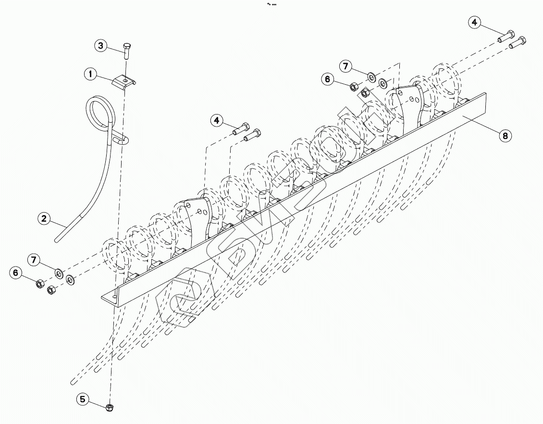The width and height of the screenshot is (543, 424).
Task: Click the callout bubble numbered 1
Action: pos(90,74)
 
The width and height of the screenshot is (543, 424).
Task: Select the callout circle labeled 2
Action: pos(44,218)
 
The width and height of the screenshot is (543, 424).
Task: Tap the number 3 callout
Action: pos(100,46)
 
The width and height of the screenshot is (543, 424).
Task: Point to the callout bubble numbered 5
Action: pos(83,398)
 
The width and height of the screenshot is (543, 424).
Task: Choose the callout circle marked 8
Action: pos(505,136)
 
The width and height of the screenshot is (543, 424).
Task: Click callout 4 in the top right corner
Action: pos(475,22)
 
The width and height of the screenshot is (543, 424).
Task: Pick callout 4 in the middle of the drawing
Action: pos(217,120)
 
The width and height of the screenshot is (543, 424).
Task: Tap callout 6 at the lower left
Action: pos(16,273)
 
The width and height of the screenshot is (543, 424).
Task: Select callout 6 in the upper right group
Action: pos(328,79)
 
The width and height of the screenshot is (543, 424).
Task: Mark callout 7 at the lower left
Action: pos(33,260)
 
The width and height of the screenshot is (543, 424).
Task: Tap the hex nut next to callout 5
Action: pos(110,407)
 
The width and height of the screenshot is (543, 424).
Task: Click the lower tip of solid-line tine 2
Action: pos(57,239)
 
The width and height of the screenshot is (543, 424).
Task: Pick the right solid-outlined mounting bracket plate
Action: pos(408,103)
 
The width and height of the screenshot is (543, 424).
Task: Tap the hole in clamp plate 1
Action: pos(124,80)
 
